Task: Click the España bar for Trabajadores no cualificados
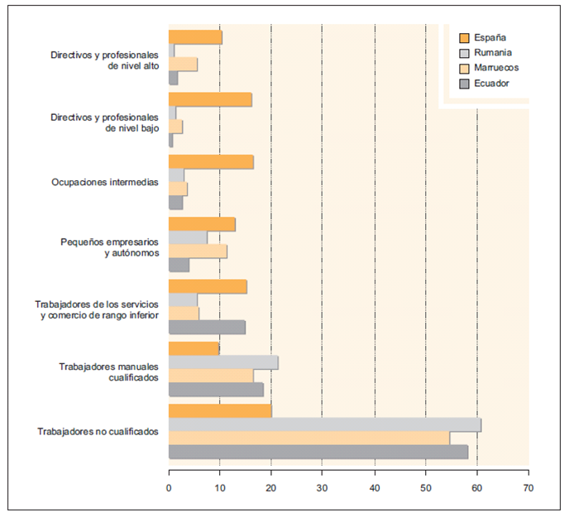pos(220,411)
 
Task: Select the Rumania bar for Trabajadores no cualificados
pos(324,425)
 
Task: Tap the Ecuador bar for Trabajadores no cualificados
pos(318,452)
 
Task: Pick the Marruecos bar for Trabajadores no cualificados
pos(309,438)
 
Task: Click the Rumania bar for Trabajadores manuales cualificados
pos(223,362)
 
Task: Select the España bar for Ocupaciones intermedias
pos(211,162)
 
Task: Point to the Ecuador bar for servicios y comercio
pos(207,327)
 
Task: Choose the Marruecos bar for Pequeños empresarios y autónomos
pos(198,251)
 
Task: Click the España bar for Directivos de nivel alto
pos(195,37)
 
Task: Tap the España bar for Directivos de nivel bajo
pos(210,100)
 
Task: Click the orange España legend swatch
pos(464,37)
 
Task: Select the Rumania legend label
pos(494,52)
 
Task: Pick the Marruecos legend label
pos(497,68)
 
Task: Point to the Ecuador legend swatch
pos(464,84)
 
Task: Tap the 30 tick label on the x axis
pos(323,488)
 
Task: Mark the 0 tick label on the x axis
pos(169,488)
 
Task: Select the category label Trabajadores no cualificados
pos(98,432)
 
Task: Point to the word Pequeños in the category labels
pos(80,242)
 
